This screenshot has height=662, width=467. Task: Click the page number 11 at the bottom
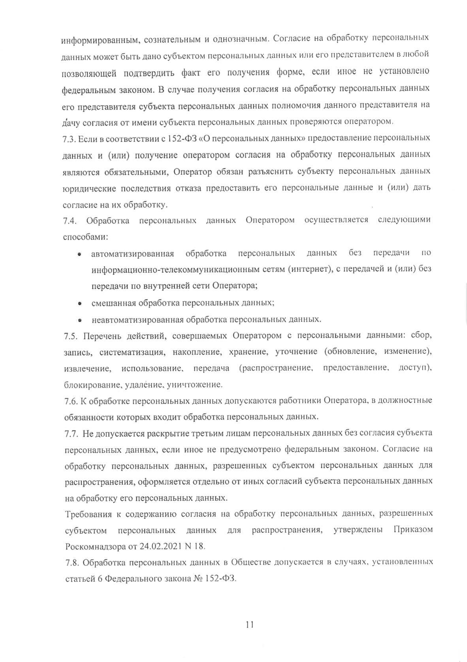(249, 625)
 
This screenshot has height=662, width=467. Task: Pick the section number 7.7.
(71, 433)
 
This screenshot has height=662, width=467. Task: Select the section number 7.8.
(72, 562)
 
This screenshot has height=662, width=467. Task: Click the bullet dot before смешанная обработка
(80, 304)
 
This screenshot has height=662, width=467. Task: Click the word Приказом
(413, 530)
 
